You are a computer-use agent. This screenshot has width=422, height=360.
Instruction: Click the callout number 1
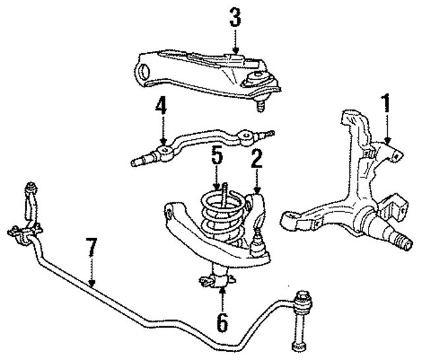pos(386,104)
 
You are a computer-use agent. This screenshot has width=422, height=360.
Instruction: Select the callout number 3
pos(234,18)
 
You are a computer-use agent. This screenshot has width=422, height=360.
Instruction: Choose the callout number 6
pos(222,322)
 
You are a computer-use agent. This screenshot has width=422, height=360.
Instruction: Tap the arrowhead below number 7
pos(92,284)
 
